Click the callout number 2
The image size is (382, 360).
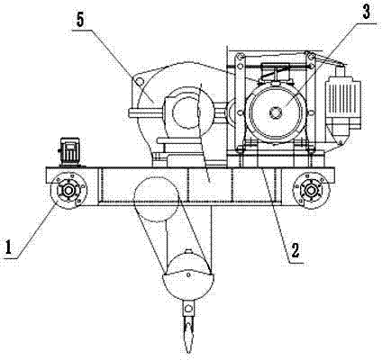click(295, 250)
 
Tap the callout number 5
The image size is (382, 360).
click(80, 20)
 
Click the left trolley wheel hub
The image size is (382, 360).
click(68, 190)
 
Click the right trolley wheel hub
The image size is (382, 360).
click(311, 190)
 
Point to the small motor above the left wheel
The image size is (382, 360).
click(70, 151)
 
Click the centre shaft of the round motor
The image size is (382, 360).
click(276, 112)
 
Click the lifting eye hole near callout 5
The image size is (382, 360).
click(138, 81)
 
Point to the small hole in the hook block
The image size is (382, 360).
click(188, 274)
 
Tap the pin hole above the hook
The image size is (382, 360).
click(188, 308)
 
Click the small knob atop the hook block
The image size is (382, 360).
click(187, 252)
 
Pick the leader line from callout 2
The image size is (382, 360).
click(274, 214)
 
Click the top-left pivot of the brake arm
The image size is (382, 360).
click(240, 57)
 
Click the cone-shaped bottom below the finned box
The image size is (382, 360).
click(339, 132)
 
